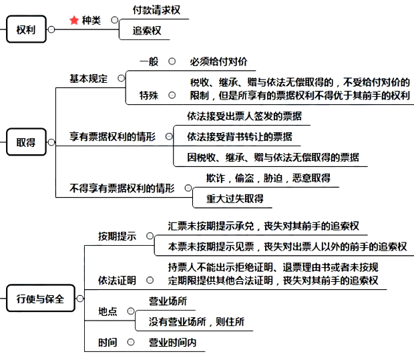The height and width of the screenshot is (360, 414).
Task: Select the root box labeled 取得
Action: pos(26,142)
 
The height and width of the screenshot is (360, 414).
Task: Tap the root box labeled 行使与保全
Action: pos(40,299)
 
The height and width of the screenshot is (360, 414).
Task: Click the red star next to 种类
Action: pos(74,21)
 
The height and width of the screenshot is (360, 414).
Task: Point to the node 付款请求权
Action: pos(156,11)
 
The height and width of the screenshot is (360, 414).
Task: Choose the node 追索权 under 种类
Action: pos(146,31)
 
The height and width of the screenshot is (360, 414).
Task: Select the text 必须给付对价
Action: pos(218,61)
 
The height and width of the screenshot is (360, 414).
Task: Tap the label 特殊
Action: pos(149,95)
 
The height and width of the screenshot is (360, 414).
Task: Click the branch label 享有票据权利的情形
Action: pos(112,136)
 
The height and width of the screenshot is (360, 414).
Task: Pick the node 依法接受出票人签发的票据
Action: pos(244,116)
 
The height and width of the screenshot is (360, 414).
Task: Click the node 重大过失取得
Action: pos(234,198)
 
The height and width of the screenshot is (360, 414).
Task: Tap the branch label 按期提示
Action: pos(117,236)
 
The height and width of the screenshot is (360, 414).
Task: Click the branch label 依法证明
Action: pos(117,279)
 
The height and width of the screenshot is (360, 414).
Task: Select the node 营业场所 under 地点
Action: pos(168,301)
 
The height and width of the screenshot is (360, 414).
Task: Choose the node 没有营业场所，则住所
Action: pos(196,322)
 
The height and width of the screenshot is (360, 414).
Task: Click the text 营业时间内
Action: pos(172,343)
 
